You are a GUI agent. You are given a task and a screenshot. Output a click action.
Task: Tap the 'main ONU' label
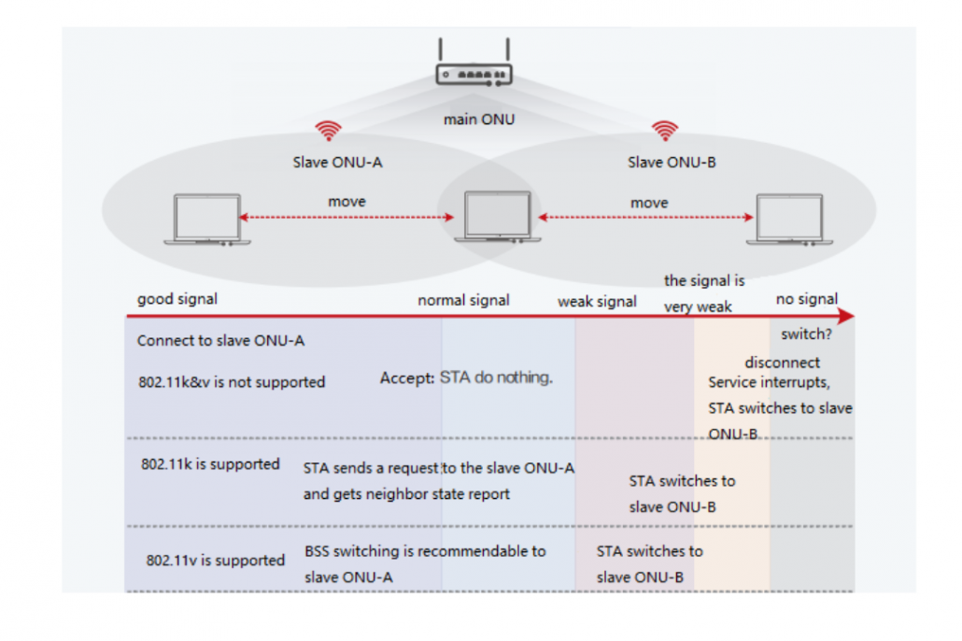478,120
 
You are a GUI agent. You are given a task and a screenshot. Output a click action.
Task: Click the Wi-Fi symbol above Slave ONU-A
328,131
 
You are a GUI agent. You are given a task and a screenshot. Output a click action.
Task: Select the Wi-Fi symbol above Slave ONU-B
664,130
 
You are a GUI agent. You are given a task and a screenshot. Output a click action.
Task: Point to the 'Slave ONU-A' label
337,163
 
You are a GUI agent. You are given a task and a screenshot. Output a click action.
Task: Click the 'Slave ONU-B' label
672,163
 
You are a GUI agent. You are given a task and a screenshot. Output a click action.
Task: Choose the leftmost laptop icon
207,221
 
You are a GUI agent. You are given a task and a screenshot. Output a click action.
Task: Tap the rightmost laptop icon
790,221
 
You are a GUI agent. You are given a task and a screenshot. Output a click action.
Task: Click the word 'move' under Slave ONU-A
347,202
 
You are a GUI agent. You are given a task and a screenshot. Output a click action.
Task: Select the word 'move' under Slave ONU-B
649,203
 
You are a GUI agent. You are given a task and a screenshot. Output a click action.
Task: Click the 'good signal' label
177,299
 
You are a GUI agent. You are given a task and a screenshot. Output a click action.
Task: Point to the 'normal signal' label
463,300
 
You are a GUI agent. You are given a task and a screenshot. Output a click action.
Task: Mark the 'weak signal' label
597,301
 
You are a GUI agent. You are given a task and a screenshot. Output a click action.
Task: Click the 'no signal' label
807,299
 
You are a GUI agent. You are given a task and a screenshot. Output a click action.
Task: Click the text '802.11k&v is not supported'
231,381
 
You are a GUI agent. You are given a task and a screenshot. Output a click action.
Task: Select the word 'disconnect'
782,363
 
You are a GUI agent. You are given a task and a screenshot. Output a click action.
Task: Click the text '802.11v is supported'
215,560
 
